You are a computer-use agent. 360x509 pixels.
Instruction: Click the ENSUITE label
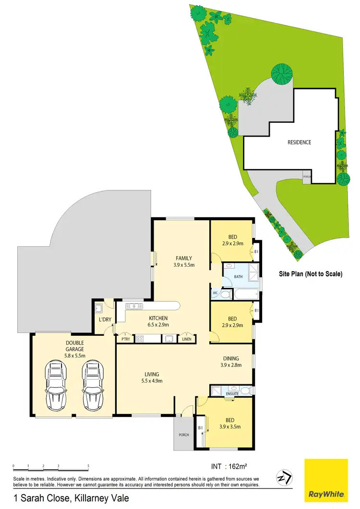[x=232, y=394]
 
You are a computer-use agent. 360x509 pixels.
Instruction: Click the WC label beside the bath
[x=215, y=292]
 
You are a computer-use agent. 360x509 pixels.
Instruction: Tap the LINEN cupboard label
[x=186, y=340]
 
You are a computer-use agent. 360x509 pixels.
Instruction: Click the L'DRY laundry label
[x=105, y=320]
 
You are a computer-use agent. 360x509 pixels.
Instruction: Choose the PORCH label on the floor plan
[x=183, y=435]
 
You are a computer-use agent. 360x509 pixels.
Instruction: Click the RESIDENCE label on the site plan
[x=300, y=142]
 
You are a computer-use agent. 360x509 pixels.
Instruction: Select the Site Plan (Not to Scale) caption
[x=311, y=274]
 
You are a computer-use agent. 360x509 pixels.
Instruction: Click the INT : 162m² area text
[x=232, y=465]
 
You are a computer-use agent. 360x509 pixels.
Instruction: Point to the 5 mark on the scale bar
[x=88, y=466]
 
